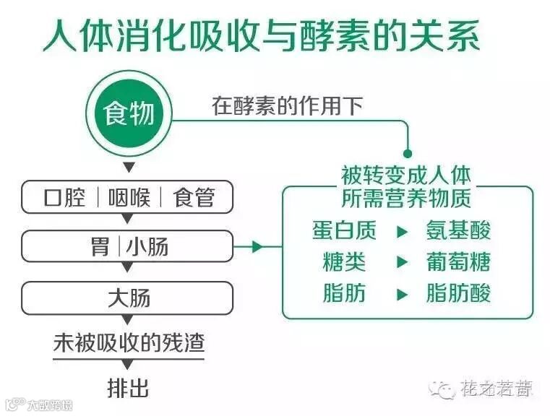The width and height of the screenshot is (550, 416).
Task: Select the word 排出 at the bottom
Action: (128, 388)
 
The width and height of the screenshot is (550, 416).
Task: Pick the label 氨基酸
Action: (459, 230)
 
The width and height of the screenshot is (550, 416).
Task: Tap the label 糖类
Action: (344, 262)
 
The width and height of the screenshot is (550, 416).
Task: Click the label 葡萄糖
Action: (459, 262)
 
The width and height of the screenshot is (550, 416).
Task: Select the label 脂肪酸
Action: (459, 293)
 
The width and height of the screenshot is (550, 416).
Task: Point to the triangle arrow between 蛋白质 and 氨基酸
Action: (403, 231)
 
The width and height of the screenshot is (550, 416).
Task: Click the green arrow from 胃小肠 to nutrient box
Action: (254, 247)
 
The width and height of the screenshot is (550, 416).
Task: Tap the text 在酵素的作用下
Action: (287, 106)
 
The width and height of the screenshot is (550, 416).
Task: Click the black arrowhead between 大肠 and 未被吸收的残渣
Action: (127, 320)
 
